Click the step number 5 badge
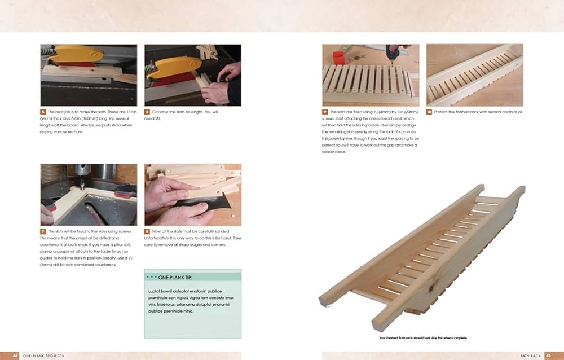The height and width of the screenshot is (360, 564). click(43, 112)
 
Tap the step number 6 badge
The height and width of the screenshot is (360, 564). click(147, 112)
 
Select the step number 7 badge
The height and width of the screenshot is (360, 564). click(43, 231)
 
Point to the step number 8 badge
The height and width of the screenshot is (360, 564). click(147, 231)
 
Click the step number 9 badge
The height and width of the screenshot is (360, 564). click(325, 112)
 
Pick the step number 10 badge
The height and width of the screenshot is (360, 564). click(429, 112)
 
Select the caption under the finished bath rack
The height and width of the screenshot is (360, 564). click(424, 338)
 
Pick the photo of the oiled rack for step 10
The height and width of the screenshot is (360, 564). click(474, 75)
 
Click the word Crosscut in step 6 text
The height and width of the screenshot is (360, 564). click(162, 112)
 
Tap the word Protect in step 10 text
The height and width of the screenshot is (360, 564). click(443, 112)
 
